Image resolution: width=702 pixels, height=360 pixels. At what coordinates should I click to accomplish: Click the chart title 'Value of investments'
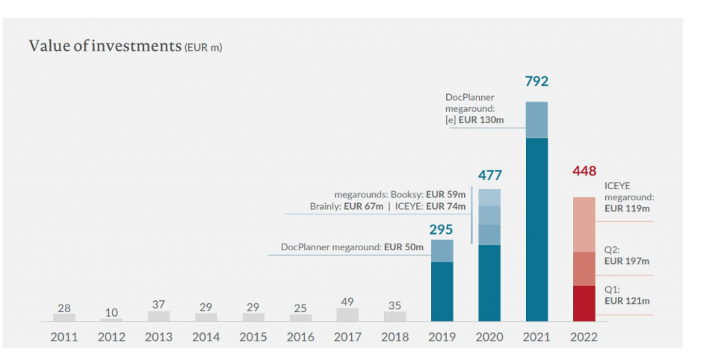pyautogui.click(x=104, y=46)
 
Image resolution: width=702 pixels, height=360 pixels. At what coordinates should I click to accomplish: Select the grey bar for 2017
pyautogui.click(x=348, y=314)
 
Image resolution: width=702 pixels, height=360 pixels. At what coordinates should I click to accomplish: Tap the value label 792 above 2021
pyautogui.click(x=537, y=82)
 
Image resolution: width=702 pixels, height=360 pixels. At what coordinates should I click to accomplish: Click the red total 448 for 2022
pyautogui.click(x=585, y=171)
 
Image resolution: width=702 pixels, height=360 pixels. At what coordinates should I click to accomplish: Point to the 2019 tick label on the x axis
pyautogui.click(x=442, y=337)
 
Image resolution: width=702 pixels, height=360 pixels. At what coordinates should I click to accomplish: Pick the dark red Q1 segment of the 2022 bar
pyautogui.click(x=585, y=303)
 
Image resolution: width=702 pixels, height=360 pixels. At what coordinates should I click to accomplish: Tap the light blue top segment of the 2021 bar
pyautogui.click(x=537, y=119)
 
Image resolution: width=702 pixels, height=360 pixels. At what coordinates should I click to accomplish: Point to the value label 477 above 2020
pyautogui.click(x=490, y=175)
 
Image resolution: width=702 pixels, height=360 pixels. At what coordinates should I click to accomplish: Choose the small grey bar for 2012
pyautogui.click(x=111, y=320)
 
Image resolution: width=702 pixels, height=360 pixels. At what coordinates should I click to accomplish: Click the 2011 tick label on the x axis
pyautogui.click(x=64, y=337)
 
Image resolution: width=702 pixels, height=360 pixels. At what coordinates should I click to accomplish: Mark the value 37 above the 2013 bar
pyautogui.click(x=158, y=304)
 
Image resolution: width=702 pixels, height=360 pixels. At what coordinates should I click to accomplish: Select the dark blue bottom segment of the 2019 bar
pyautogui.click(x=442, y=291)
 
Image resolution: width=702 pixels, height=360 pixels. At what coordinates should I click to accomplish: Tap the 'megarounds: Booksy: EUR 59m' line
pyautogui.click(x=400, y=194)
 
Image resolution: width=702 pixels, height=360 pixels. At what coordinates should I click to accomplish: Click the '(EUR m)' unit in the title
pyautogui.click(x=204, y=48)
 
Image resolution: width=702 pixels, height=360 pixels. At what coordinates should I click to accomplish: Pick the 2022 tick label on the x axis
pyautogui.click(x=585, y=337)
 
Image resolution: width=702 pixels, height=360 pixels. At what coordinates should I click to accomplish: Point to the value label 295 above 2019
pyautogui.click(x=442, y=229)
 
